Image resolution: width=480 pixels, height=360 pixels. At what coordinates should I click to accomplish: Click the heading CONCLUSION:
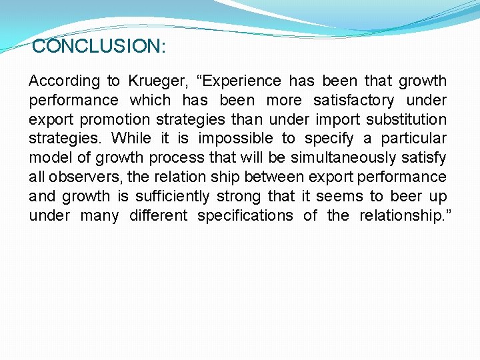point(99,47)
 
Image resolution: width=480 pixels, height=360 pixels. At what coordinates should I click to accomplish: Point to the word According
point(64,81)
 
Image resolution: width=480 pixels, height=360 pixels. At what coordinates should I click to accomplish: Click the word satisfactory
point(353,101)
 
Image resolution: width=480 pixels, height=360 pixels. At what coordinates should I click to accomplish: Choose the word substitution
point(407,120)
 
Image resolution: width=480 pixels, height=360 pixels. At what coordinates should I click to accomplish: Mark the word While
point(131,139)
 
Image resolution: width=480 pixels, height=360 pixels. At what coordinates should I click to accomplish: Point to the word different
point(159,216)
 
